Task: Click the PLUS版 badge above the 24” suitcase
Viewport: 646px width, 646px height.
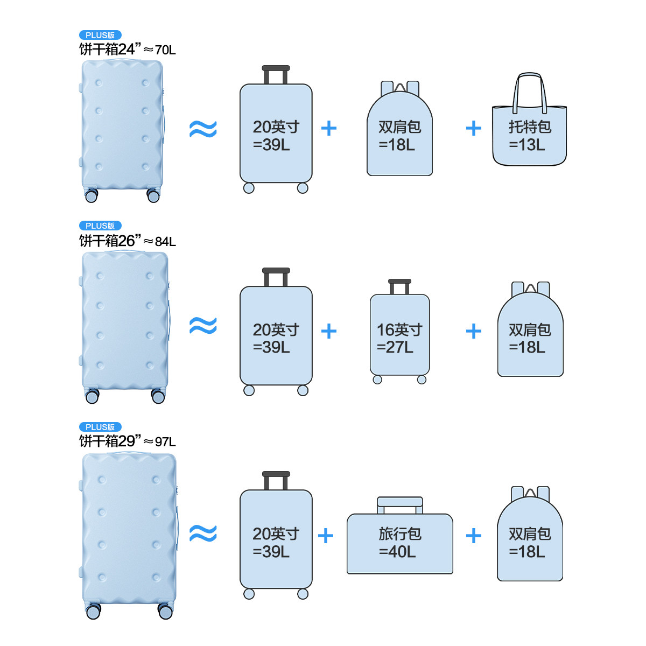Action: [100, 35]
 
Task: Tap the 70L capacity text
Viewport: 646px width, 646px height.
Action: [165, 50]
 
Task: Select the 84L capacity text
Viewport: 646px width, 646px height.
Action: [165, 242]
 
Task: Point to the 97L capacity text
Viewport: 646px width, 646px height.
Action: [165, 442]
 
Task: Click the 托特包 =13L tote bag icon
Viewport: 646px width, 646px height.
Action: [529, 135]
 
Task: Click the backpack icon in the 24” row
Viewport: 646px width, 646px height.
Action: [399, 135]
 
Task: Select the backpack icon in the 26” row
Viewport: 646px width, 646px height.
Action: [530, 336]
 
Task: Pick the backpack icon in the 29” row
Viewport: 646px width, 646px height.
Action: [530, 541]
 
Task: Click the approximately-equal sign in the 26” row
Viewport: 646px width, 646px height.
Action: [203, 326]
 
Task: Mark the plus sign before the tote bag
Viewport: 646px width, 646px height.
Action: [474, 128]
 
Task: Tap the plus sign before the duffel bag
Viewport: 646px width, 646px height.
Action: [326, 536]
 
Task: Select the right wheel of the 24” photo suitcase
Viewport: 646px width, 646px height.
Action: [153, 195]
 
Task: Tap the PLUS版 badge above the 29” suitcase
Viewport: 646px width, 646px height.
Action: [100, 427]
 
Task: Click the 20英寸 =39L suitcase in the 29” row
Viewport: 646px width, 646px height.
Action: [276, 541]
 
